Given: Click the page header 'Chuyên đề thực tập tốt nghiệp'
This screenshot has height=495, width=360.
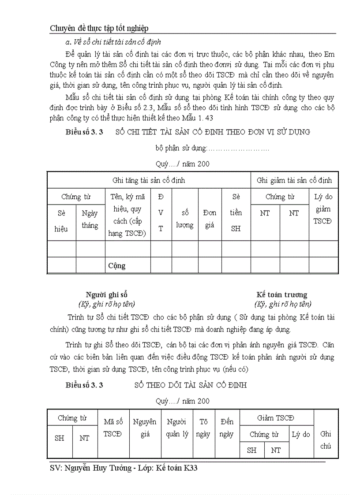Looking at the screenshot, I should (99, 28).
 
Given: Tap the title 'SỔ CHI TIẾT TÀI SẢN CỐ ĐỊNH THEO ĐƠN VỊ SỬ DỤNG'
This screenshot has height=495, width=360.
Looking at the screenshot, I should (213, 132).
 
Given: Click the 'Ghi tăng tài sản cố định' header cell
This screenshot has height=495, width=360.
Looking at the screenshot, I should (149, 180).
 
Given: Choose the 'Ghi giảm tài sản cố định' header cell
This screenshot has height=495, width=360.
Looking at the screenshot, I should (294, 180).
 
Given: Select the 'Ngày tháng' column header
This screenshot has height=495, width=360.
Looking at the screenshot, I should (90, 219).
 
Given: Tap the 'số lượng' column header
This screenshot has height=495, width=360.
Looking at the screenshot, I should (185, 219).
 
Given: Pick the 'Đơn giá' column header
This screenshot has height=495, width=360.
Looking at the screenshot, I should (210, 219).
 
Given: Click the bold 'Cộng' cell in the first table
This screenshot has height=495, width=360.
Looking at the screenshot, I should (117, 266).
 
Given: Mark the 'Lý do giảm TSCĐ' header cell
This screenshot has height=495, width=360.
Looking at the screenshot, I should (323, 209).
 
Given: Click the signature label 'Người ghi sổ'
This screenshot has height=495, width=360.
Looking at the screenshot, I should (107, 294).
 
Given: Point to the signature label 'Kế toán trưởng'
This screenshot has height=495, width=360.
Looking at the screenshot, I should (282, 294).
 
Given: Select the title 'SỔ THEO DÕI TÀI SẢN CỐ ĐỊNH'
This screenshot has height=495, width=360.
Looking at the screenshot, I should (191, 385).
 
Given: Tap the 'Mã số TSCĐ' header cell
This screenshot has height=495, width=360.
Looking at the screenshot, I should (113, 428).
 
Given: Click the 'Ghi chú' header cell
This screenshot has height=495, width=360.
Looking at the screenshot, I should (326, 439).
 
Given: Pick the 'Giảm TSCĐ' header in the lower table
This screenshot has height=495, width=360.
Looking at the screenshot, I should (276, 418).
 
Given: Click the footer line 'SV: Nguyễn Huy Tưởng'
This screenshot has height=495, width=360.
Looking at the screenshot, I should (124, 468).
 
